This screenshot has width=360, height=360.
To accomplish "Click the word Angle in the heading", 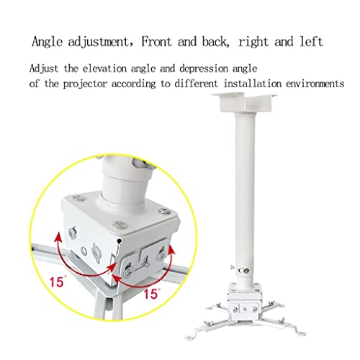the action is point(47,42).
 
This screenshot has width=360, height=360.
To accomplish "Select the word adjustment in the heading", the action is point(99,42).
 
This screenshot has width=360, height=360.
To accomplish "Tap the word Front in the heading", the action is point(157,41).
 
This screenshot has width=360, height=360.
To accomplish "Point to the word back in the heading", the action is point(214,41).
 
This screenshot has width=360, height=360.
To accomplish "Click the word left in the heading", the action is point(311,41).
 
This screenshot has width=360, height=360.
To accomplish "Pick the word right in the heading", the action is point(253,42).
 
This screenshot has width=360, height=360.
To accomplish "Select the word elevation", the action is point(104,68).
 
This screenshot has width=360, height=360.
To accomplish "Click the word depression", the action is point(204,68).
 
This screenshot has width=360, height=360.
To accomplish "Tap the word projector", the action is point(85,84).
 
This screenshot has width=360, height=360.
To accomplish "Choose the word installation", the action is point(253,84).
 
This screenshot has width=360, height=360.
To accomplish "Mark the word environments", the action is point(315,84).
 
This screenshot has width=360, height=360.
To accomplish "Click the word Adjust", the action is point(44,68).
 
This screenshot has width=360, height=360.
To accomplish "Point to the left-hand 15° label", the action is point(58,282).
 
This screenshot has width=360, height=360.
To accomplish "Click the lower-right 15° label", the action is point(151,293).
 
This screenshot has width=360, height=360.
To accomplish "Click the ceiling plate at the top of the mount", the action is point(244,102).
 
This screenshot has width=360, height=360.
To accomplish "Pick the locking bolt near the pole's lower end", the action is point(246,271).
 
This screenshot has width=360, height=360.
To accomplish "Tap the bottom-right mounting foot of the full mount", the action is point(300,333).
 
